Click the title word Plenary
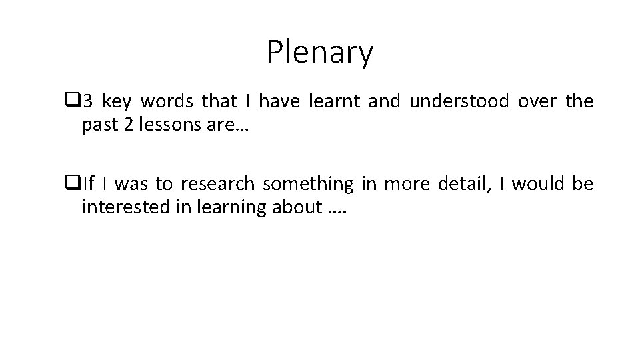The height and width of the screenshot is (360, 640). point(320,53)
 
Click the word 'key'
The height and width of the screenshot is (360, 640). point(117,102)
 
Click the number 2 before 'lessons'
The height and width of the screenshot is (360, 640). point(128,125)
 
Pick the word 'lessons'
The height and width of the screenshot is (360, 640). point(165,125)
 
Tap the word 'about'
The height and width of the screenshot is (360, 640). point(298,207)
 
